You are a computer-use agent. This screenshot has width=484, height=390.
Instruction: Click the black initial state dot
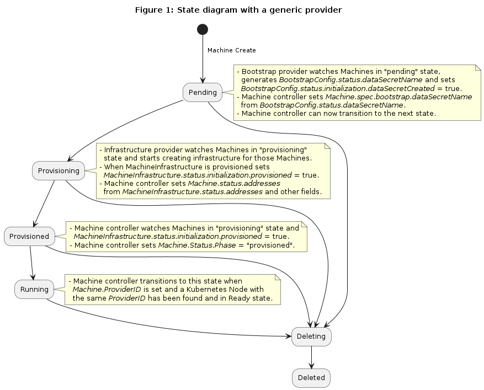203,29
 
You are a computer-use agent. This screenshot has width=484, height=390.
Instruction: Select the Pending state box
203,92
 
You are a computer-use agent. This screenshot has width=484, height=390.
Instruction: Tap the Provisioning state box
58,170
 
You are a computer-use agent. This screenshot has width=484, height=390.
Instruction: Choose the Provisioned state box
30,236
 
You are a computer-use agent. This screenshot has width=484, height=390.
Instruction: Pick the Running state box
34,289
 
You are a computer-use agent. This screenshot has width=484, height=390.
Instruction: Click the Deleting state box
311,336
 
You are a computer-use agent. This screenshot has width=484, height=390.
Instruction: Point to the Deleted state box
311,378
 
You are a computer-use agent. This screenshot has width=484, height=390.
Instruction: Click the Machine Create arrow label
232,50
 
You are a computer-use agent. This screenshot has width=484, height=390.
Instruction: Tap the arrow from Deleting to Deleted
311,357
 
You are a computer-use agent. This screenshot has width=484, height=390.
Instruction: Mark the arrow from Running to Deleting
166,329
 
